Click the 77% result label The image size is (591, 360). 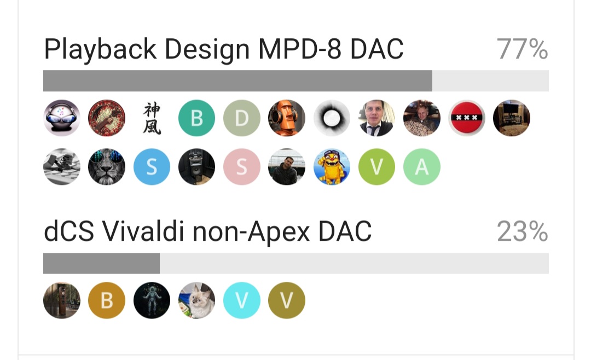522,49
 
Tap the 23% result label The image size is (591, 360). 522,231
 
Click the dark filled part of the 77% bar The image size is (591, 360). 238,80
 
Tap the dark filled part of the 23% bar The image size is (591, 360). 101,263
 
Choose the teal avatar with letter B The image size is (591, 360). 197,118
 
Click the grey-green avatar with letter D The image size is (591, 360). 242,118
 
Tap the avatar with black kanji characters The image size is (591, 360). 152,118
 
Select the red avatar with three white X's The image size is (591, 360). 467,118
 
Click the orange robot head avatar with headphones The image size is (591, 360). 286,118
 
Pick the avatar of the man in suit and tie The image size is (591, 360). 376,118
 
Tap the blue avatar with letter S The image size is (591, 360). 152,167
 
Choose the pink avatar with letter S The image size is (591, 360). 242,167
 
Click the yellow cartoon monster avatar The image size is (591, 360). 332,167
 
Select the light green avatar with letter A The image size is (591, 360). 422,167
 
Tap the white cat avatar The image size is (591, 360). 197,300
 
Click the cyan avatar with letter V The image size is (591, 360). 242,300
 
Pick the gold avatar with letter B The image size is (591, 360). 107,300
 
